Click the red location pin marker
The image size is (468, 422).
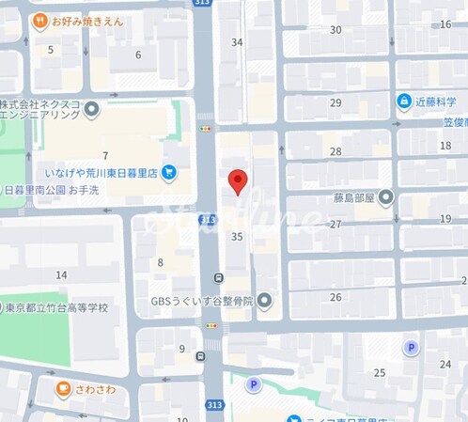(239, 180)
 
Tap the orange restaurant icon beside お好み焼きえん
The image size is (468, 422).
(39, 20)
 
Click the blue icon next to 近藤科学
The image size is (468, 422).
(403, 101)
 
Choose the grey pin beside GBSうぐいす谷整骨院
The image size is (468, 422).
(265, 301)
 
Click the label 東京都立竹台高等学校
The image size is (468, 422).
(57, 307)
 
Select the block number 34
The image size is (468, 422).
(237, 42)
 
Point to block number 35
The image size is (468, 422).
(237, 238)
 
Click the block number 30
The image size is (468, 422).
(335, 30)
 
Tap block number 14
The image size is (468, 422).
(62, 274)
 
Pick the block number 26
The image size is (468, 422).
(335, 297)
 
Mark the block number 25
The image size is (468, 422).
(379, 372)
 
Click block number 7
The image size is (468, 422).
(106, 155)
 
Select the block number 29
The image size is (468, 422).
(335, 102)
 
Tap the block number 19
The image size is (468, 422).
(445, 218)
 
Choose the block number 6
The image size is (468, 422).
(138, 55)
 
